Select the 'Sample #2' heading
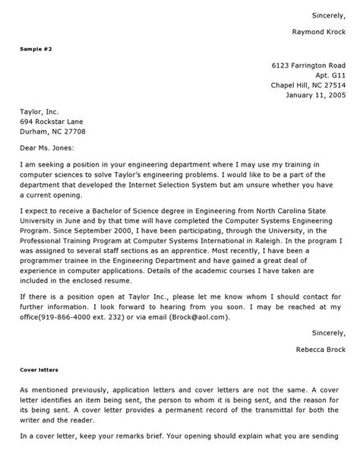(36, 48)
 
